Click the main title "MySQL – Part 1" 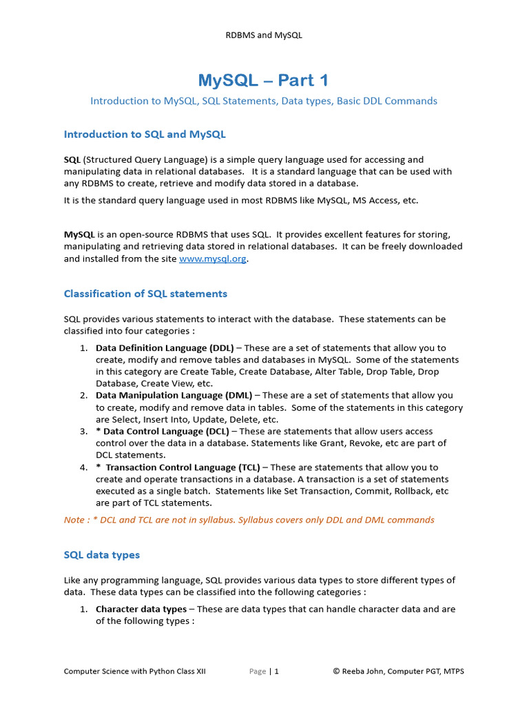point(264,80)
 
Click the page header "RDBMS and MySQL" point(264,35)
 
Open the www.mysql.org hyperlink point(212,259)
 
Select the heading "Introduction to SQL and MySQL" point(145,134)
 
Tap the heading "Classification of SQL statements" point(145,294)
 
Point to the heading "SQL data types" point(102,554)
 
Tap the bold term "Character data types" point(141,609)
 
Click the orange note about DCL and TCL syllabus point(249,520)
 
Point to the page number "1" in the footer point(277,672)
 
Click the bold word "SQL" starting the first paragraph point(72,159)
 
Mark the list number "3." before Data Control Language point(83,432)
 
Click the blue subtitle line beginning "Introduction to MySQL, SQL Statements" point(264,101)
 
